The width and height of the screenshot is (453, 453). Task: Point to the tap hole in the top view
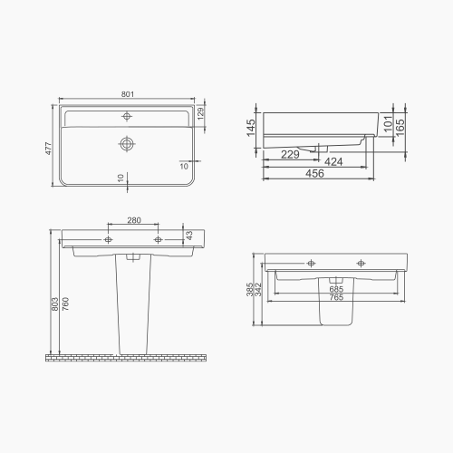tap(128, 116)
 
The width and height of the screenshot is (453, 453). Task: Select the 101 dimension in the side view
tap(388, 123)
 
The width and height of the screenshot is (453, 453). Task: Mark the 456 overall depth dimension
tap(314, 175)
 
